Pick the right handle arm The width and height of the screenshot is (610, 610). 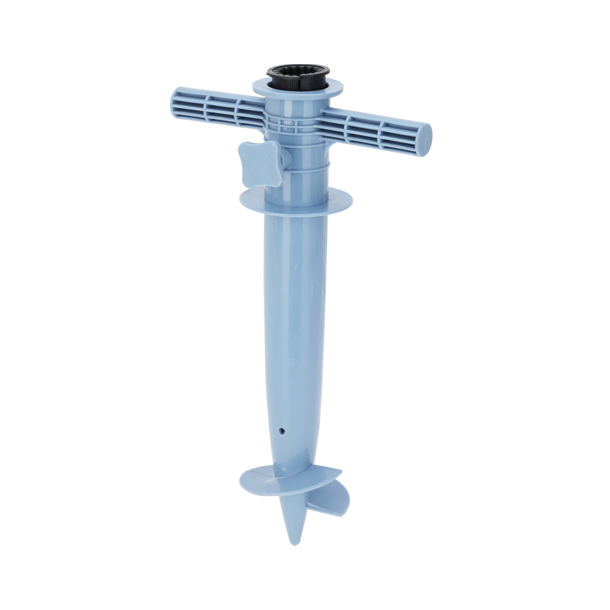376,128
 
